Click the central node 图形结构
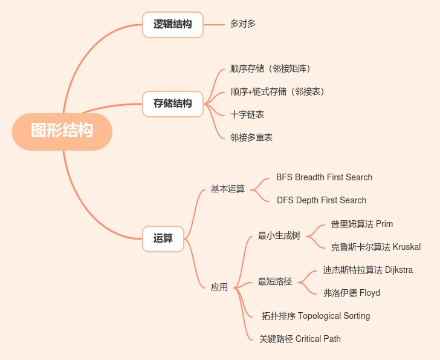click(62, 131)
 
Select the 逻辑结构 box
click(173, 25)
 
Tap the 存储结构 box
click(173, 103)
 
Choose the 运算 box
click(163, 238)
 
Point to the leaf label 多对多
click(243, 24)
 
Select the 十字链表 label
click(247, 114)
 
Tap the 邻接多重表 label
click(251, 137)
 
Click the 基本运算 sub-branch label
click(227, 189)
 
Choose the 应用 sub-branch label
click(219, 287)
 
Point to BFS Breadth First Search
click(324, 177)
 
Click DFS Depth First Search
click(322, 200)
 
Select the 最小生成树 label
click(279, 235)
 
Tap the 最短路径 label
click(274, 281)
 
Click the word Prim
click(384, 224)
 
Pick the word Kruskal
click(406, 247)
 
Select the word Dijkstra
click(399, 270)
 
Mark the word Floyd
click(370, 293)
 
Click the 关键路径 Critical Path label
click(300, 339)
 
